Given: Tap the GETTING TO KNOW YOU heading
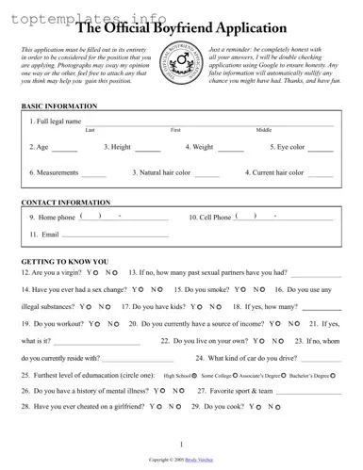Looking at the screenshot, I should [64, 261].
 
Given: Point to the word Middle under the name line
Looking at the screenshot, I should [264, 129].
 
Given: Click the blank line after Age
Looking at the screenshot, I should [65, 149].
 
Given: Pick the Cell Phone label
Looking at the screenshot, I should [209, 218].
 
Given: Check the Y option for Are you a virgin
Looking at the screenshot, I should [95, 273].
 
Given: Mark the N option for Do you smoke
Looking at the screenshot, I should [256, 289].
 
